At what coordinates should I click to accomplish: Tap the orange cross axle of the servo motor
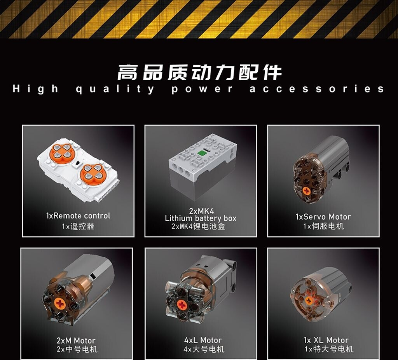[x=307, y=191]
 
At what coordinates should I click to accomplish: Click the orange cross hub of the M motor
[x=60, y=303]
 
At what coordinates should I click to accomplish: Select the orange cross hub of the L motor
[x=181, y=304]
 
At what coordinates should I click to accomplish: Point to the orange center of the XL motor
[x=309, y=301]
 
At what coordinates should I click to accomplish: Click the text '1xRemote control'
[x=78, y=216]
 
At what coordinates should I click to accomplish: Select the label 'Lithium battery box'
[x=201, y=218]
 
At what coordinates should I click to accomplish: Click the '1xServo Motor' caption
[x=323, y=217]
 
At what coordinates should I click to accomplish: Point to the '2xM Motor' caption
[x=76, y=341]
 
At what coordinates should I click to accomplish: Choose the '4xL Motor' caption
[x=203, y=340]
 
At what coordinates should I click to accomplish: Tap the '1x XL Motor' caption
[x=326, y=340]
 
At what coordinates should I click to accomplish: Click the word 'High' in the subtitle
[x=36, y=89]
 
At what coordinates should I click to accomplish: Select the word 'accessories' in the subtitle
[x=317, y=89]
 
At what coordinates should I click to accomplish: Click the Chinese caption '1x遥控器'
[x=78, y=226]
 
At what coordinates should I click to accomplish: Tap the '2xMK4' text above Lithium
[x=202, y=211]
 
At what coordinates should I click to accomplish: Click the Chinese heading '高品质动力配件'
[x=199, y=72]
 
